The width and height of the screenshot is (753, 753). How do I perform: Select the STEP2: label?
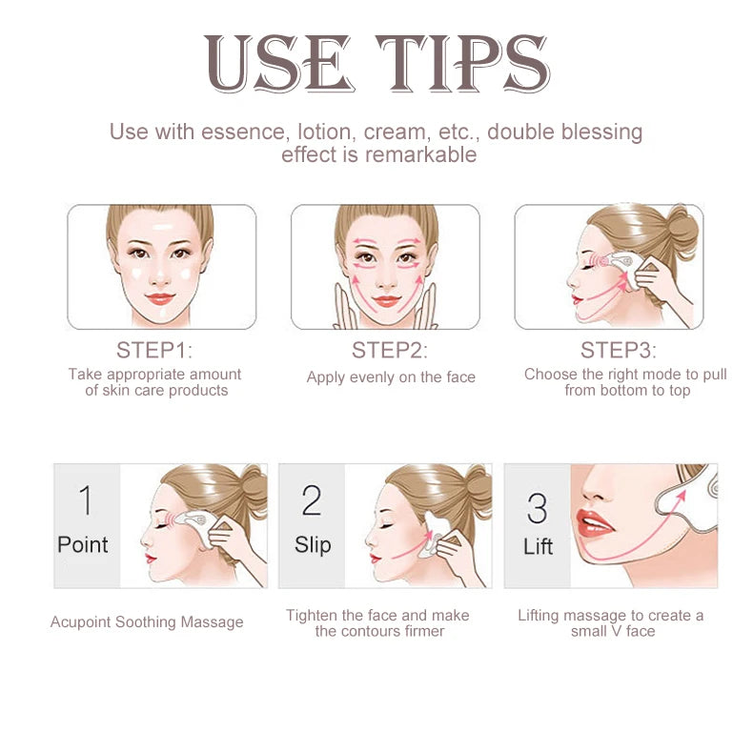click(390, 350)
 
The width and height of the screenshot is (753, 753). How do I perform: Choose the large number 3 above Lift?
click(538, 509)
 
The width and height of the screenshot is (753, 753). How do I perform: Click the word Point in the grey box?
click(83, 545)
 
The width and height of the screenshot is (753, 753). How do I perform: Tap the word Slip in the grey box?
click(312, 545)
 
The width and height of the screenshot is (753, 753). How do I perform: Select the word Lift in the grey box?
click(538, 547)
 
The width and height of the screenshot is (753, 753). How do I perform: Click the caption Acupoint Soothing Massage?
click(147, 622)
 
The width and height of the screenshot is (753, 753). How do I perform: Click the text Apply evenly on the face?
click(391, 377)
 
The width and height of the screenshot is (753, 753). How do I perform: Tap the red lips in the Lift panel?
click(593, 522)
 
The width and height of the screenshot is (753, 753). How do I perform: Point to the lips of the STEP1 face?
click(160, 299)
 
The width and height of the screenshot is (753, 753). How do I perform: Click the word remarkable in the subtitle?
click(423, 154)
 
